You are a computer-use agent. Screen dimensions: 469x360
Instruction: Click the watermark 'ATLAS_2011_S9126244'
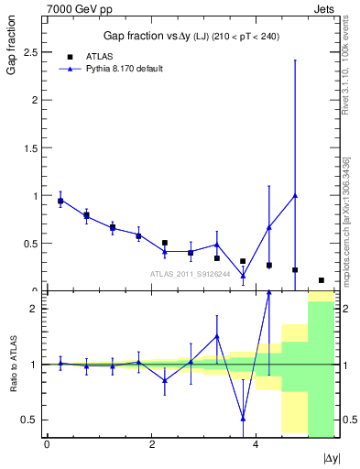coord(190,273)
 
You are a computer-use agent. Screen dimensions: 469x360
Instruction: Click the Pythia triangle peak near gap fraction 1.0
coord(295,195)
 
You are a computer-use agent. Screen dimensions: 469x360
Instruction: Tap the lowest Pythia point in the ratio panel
coord(243,418)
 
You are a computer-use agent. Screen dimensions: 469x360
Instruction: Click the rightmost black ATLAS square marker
coord(322,280)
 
